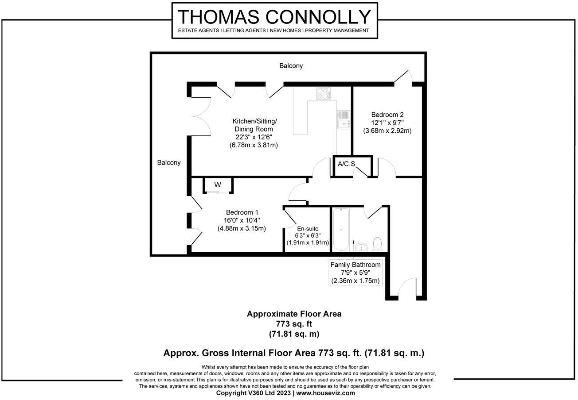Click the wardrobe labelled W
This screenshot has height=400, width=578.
pyautogui.click(x=218, y=185)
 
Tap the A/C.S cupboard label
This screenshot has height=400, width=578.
pyautogui.click(x=346, y=164)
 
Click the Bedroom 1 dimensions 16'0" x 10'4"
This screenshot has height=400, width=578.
pyautogui.click(x=242, y=220)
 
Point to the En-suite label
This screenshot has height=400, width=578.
pyautogui.click(x=308, y=228)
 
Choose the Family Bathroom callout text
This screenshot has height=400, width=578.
pyautogui.click(x=355, y=265)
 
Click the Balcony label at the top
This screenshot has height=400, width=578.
pyautogui.click(x=291, y=66)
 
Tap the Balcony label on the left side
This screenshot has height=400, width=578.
pyautogui.click(x=169, y=162)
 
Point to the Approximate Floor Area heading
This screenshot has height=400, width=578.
pyautogui.click(x=294, y=314)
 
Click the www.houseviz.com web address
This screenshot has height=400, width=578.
pyautogui.click(x=325, y=392)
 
